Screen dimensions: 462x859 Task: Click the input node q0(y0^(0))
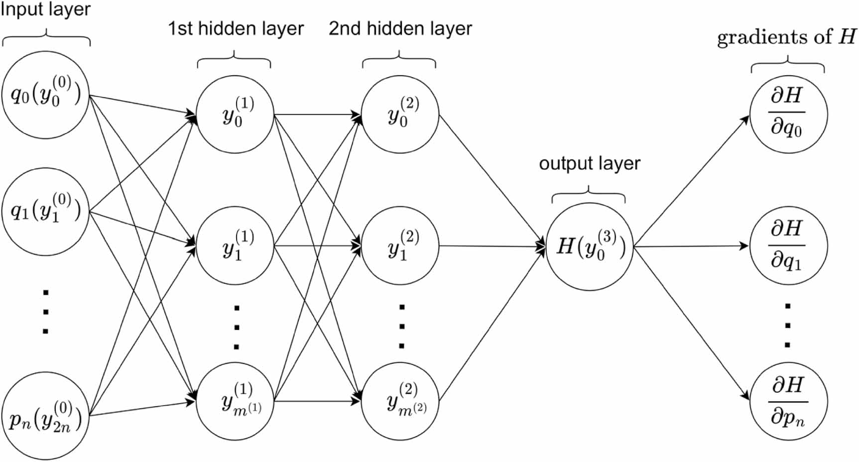pos(45,95)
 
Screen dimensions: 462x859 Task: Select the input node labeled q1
pos(45,212)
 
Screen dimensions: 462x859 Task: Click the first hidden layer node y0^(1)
pos(235,115)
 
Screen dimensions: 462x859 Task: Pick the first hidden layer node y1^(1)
pos(235,246)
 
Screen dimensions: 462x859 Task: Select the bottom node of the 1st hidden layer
pos(235,401)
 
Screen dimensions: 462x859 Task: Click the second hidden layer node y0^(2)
pos(400,115)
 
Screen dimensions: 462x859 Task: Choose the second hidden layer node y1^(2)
pos(400,246)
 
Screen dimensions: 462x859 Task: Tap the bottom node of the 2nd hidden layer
pos(400,401)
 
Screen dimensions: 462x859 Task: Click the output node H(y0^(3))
pos(589,246)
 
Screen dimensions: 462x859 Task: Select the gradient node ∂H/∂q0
pos(788,114)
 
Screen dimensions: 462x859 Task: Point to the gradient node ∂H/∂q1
pos(788,246)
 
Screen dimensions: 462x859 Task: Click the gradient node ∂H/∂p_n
pos(788,401)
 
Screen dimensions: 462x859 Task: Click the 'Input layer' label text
pos(45,10)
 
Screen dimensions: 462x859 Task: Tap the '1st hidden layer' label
pos(236,29)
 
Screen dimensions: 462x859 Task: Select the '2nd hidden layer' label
pos(400,29)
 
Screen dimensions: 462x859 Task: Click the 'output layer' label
pos(590,164)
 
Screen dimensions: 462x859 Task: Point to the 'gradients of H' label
pos(787,37)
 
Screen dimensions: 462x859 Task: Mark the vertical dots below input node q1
pos(45,312)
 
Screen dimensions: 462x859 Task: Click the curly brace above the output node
pos(589,195)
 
